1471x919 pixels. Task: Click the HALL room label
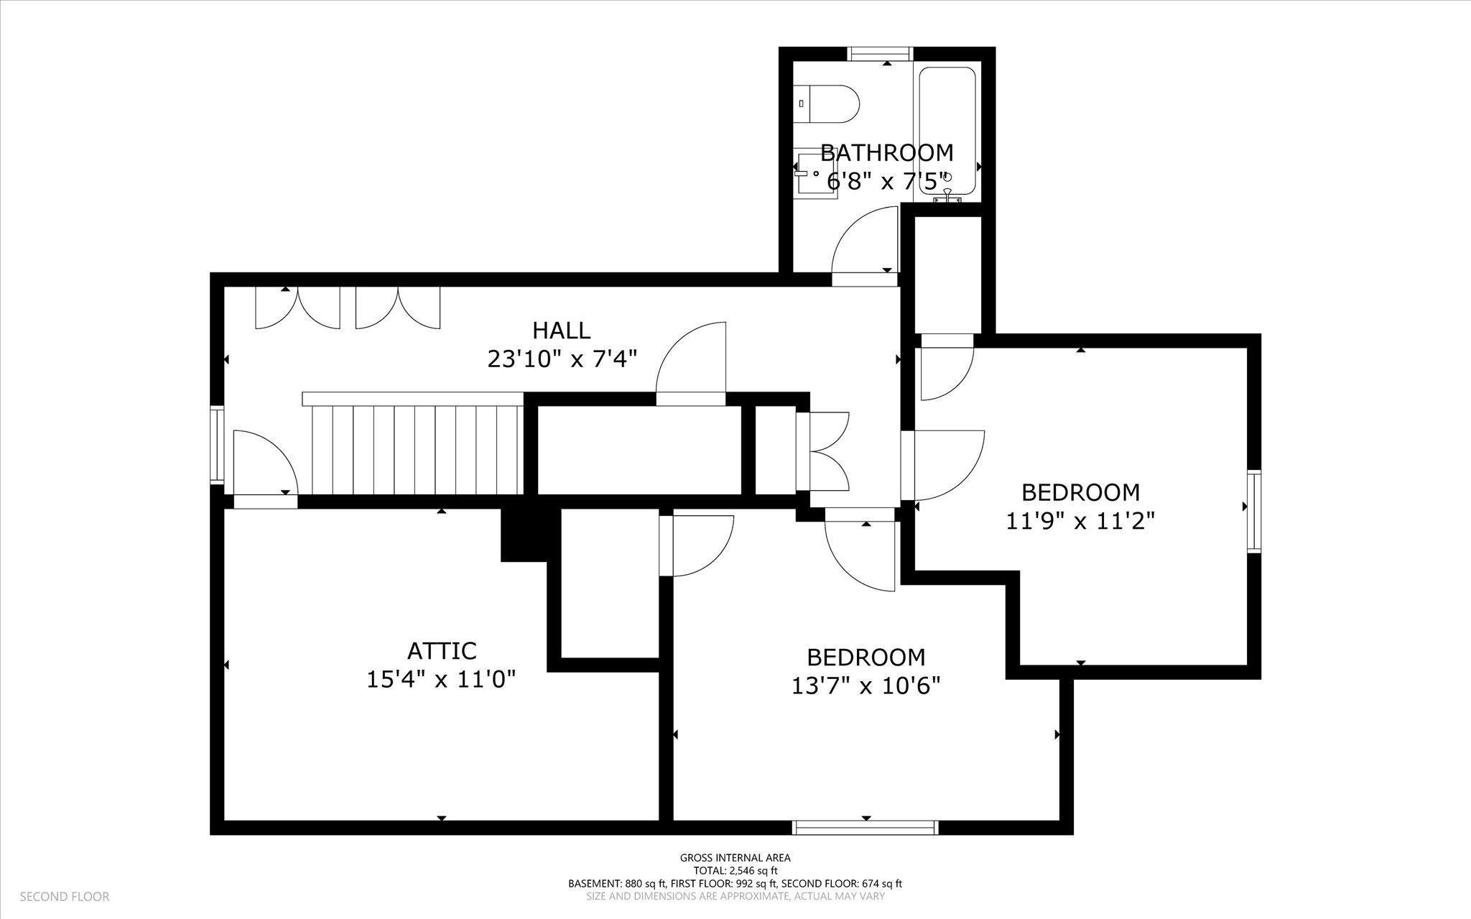(562, 331)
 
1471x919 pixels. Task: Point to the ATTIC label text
(442, 651)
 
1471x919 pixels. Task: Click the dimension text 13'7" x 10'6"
(866, 686)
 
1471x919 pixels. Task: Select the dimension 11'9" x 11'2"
(1080, 520)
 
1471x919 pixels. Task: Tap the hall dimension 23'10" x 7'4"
(562, 358)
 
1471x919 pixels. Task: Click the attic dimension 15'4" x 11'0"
(442, 679)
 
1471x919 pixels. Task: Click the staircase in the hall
(413, 443)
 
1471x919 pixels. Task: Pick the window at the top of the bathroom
(880, 54)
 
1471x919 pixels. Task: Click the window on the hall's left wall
(217, 444)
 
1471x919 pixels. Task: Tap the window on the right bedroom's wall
(1254, 511)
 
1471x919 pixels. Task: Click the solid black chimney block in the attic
(529, 535)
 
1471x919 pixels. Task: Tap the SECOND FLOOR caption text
(65, 897)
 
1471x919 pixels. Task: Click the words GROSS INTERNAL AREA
(735, 857)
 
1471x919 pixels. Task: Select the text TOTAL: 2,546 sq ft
(735, 870)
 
